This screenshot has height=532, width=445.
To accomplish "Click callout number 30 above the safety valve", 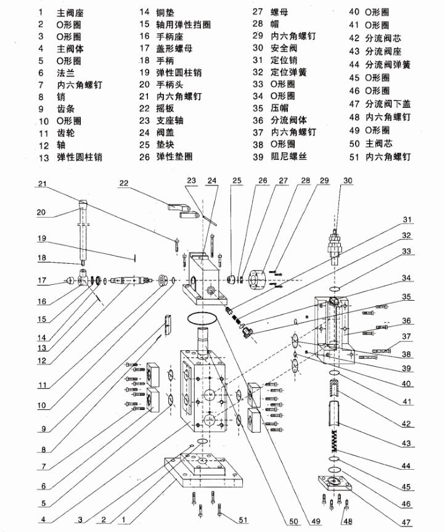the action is pos(348,181).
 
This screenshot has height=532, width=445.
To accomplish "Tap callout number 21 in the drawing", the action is pos(42,184).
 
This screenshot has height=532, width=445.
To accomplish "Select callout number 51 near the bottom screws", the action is pos(243,520).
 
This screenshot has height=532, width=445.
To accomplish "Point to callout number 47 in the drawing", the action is pos(406,523).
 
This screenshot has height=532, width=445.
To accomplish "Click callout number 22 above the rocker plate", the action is pos(124,183).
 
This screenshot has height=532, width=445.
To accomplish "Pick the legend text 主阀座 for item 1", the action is pos(70,13).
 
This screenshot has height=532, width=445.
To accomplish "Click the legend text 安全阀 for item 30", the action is pos(284,48).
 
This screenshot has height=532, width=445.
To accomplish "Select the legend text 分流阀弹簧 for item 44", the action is pos(388,65).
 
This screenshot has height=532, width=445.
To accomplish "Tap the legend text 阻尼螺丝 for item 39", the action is pos(288,157).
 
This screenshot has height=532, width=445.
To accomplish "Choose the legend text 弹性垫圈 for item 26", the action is pos(174,157).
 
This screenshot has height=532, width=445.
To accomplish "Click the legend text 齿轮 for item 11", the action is pos(65,133).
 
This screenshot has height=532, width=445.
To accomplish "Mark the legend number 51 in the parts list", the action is pos(354,157).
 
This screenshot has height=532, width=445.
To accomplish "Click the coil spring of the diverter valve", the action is pos(335,440).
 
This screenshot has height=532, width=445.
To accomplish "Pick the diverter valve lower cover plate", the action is pos(335,483).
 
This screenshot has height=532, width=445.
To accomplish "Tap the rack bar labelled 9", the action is pos(168,325).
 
